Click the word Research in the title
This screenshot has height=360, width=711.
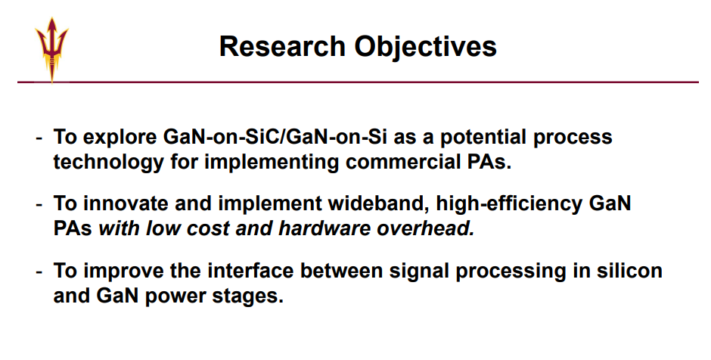(282, 46)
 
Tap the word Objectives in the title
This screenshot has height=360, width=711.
(425, 47)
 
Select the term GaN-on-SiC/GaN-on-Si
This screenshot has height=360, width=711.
(275, 136)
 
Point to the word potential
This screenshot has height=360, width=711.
(483, 138)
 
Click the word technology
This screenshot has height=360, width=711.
(108, 163)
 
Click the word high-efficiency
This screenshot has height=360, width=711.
(509, 203)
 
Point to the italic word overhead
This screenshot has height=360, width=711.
(426, 228)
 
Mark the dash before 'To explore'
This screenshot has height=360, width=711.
(39, 138)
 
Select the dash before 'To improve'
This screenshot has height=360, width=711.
(39, 272)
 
